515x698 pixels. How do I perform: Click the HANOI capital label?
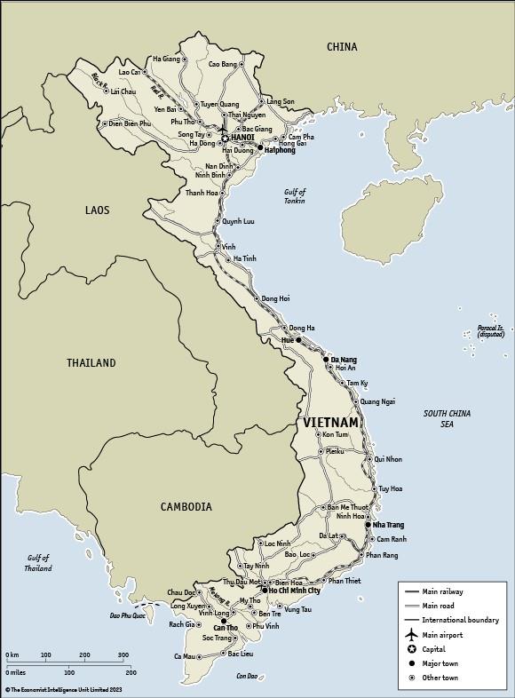pos(242,138)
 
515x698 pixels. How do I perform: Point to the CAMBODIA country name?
pos(186,507)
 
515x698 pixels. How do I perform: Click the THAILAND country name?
pos(91,363)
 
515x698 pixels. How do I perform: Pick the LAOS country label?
pos(97,210)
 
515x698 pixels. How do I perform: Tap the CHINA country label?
pos(342,46)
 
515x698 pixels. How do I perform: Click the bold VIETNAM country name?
pos(331,423)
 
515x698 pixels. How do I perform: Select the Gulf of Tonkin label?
pos(295,196)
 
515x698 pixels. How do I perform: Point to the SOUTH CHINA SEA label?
pos(447,419)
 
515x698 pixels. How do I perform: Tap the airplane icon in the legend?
pos(410,635)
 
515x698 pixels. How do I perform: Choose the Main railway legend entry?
pos(442,591)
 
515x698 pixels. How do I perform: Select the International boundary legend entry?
pos(460,620)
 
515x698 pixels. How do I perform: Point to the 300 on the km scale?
pos(121,655)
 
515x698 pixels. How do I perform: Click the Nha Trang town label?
pos(388,525)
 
